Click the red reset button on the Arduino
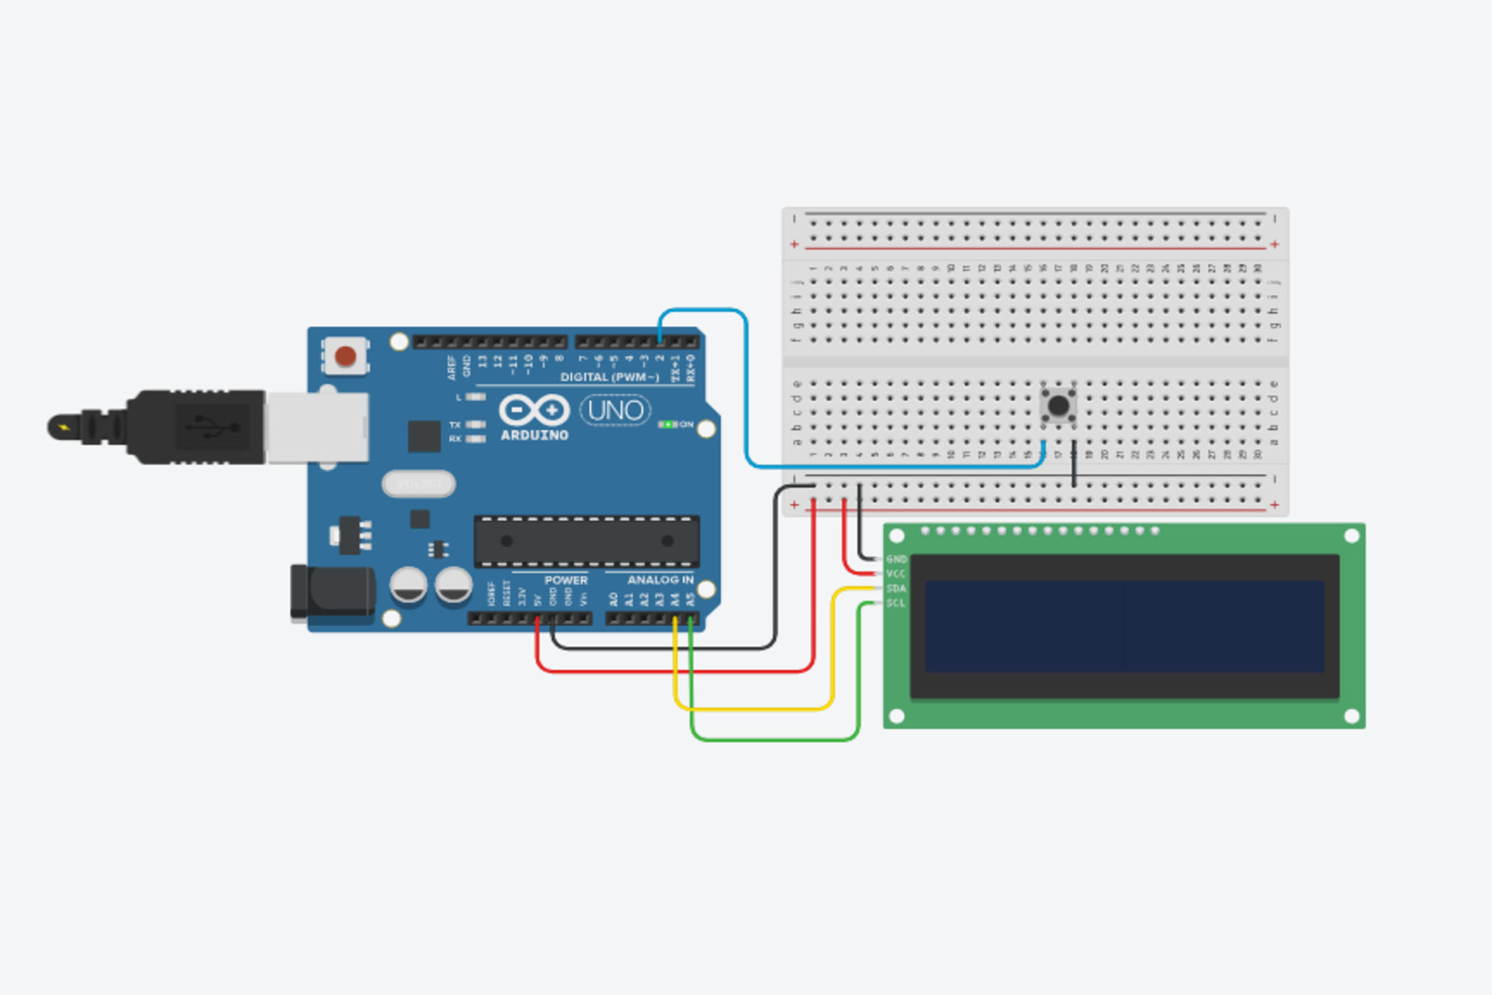(345, 356)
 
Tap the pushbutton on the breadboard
(1059, 406)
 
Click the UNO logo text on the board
(615, 411)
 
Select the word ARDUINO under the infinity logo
(534, 435)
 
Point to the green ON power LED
(667, 424)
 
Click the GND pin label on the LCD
(896, 559)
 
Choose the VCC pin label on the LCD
(896, 574)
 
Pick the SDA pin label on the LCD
(896, 588)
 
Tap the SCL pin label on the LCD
(896, 603)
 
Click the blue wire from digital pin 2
(747, 391)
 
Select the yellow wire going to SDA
(753, 709)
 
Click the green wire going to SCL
(774, 740)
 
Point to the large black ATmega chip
(587, 542)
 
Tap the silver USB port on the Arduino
(317, 427)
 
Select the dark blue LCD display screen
(1124, 626)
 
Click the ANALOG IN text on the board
(660, 580)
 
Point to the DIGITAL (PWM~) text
(610, 377)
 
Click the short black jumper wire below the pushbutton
(1074, 463)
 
